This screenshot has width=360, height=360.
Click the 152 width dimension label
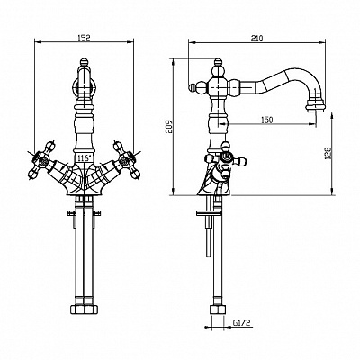tap(84, 38)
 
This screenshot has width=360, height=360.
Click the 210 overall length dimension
tap(256, 39)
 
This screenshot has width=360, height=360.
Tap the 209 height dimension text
tap(169, 127)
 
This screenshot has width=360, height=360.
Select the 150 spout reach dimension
tap(266, 120)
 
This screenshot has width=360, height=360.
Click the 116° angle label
tap(84, 158)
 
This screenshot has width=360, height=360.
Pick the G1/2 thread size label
tap(242, 323)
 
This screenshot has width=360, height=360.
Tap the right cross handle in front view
tap(125, 158)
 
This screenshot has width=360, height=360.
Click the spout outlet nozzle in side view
tap(314, 104)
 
